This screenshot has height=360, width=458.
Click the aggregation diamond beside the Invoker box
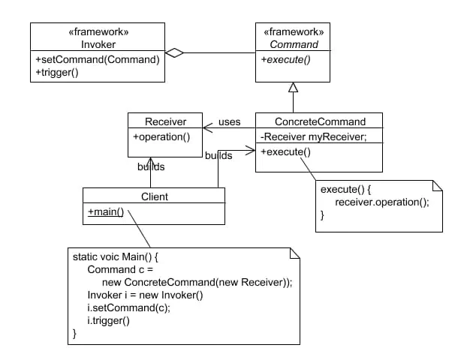point(174,52)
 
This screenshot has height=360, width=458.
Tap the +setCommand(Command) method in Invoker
point(96,59)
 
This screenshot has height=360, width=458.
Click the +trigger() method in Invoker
point(56,72)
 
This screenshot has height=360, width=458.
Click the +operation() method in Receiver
point(161,136)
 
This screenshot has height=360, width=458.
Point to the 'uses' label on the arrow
point(229,121)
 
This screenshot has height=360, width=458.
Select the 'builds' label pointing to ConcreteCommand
point(218,155)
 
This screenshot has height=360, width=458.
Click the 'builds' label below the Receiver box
point(150,166)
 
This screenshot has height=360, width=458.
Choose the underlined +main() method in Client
point(106,211)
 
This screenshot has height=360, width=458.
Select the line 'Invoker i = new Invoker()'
point(145,295)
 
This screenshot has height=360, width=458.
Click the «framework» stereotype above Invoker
point(97,32)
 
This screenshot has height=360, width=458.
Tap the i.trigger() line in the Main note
point(109,321)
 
